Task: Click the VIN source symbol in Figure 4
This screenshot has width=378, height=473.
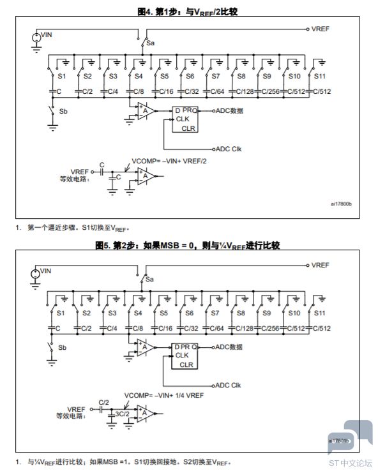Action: [x=36, y=38]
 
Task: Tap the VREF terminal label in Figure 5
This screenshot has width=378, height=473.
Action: [x=320, y=265]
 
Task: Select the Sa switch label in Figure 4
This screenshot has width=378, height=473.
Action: [x=151, y=43]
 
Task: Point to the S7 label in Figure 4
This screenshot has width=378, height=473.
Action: [x=215, y=77]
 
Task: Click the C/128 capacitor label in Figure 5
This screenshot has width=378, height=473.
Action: [x=245, y=328]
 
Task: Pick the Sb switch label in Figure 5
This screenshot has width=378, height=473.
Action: [x=62, y=347]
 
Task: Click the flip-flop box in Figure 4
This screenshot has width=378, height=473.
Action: [x=185, y=119]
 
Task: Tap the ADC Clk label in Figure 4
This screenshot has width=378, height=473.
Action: [x=229, y=149]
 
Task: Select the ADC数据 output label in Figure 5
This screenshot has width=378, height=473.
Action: [x=229, y=347]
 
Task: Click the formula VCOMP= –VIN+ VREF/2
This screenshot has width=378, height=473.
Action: [x=169, y=161]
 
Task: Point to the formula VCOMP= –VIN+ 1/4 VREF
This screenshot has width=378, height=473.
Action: [x=164, y=395]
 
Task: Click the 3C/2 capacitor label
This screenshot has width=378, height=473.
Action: [x=122, y=414]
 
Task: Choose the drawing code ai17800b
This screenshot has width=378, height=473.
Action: [x=341, y=204]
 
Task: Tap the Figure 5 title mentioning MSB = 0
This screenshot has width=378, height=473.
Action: [x=187, y=246]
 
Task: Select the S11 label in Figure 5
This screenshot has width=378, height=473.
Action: [x=319, y=313]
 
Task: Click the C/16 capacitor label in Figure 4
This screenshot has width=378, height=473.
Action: [x=166, y=91]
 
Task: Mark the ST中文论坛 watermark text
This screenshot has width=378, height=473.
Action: [x=351, y=463]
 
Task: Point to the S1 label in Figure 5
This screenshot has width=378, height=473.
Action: [x=61, y=313]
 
